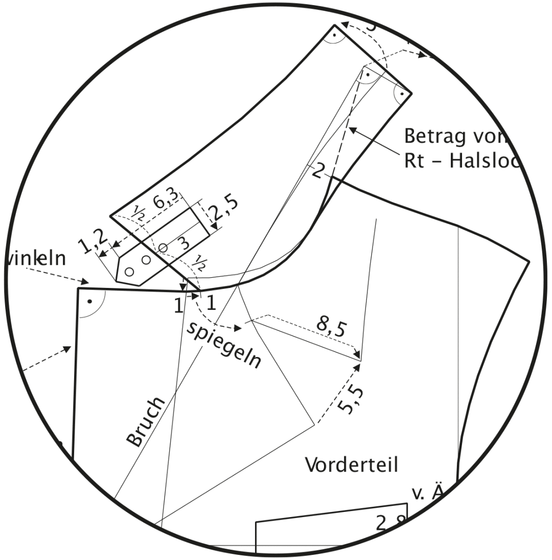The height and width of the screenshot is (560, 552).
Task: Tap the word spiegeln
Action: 224,346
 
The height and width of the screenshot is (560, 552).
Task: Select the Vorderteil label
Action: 352,465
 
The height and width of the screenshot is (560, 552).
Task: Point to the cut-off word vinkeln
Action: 36,259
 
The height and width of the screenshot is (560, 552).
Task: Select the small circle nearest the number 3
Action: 163,248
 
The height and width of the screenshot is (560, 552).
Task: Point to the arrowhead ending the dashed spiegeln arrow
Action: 238,327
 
